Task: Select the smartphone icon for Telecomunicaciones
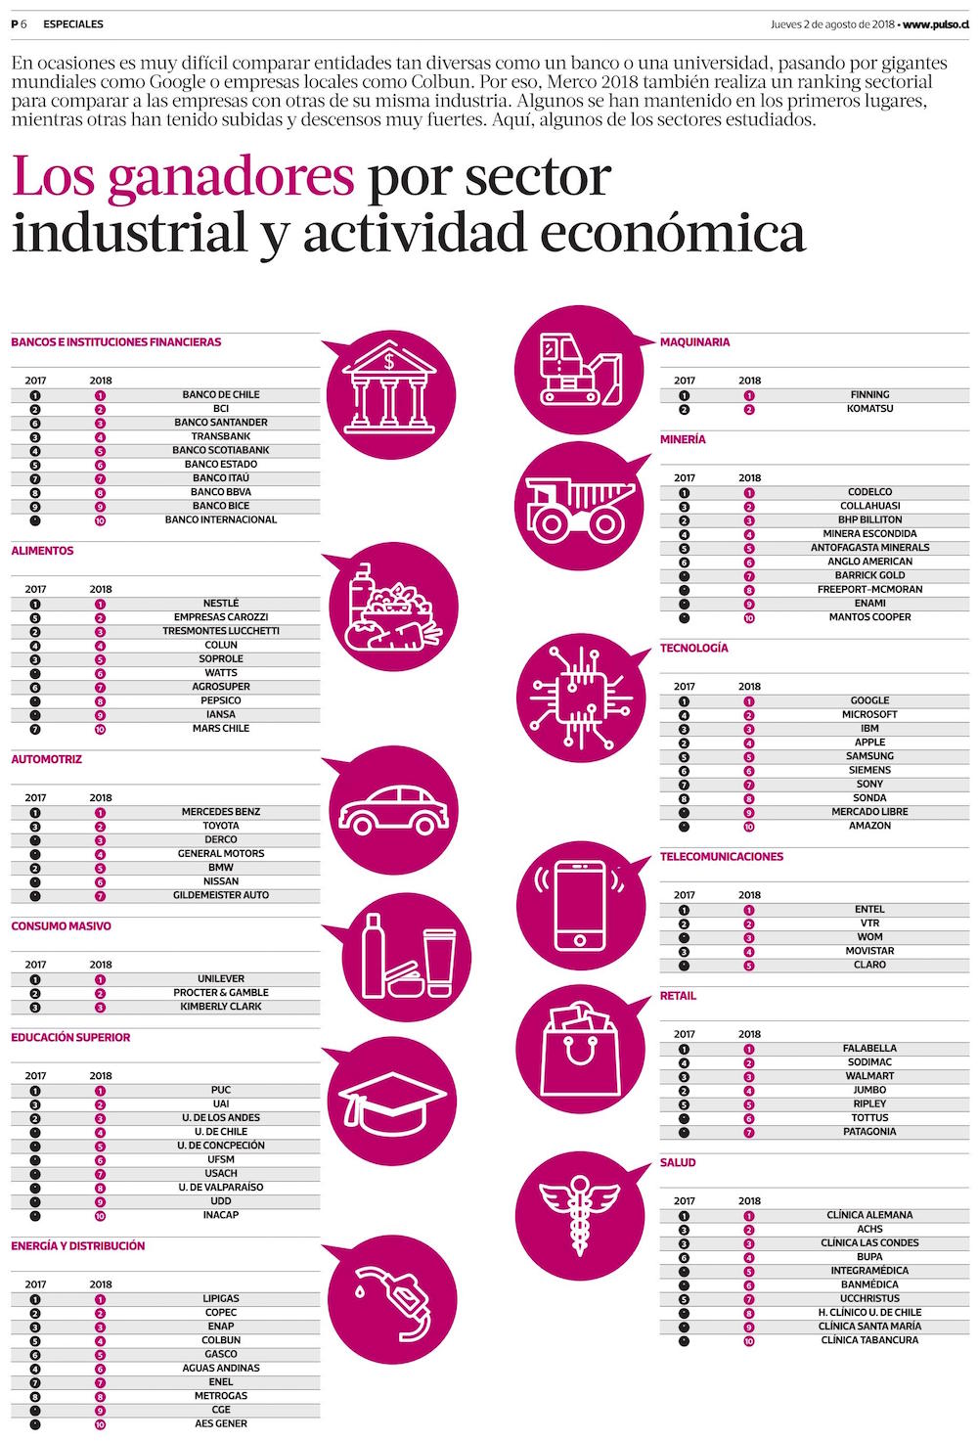[x=579, y=904]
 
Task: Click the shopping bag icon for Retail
[x=581, y=1046]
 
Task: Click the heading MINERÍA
[x=683, y=440]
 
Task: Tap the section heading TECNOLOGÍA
[x=693, y=649]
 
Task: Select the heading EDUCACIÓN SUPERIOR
[x=70, y=1038]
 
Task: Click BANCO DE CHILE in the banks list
[x=221, y=395]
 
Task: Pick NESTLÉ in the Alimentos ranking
[x=221, y=604]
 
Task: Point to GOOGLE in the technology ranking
[x=869, y=700]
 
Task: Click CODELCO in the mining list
[x=869, y=492]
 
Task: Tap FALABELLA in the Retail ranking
[x=869, y=1048]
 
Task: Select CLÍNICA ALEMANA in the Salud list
[x=869, y=1215]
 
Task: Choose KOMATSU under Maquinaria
[x=869, y=409]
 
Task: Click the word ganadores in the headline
[x=231, y=177]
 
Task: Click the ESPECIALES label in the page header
[x=73, y=23]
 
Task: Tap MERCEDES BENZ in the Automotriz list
[x=221, y=812]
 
